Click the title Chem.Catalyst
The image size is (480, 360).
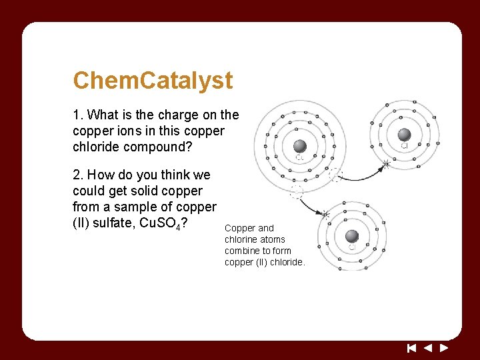coord(153,81)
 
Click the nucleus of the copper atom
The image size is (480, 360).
coord(300,146)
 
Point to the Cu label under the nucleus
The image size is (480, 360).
coord(300,158)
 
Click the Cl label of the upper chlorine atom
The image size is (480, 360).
coord(404,145)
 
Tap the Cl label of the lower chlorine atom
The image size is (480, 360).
coord(352,247)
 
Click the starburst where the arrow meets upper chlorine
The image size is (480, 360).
coord(385,164)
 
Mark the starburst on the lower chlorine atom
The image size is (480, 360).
coord(325,215)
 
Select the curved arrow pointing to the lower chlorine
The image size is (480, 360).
coord(311,205)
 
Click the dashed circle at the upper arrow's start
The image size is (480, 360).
coord(336,175)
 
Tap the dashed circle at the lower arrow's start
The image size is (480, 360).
coord(297,193)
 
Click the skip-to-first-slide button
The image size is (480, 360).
coord(411,347)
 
